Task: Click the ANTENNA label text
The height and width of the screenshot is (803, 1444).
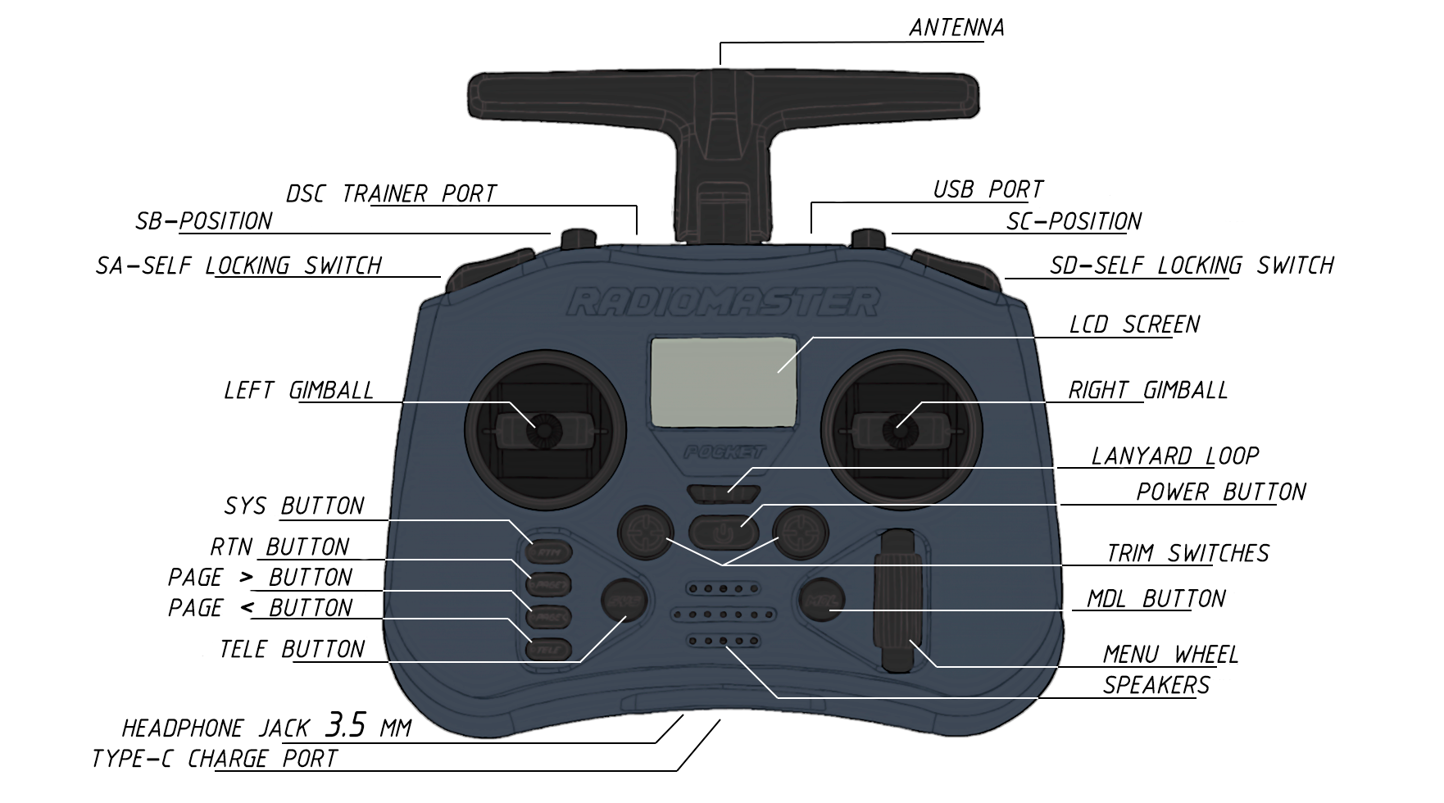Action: tap(956, 28)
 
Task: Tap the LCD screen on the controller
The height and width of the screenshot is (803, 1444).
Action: tap(723, 381)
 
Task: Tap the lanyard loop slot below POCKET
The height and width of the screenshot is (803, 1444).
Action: tap(724, 493)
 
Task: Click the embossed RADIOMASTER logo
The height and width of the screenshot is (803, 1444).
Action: tap(723, 302)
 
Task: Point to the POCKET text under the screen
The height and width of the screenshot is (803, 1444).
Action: tap(724, 451)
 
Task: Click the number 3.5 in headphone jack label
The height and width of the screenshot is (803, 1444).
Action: tap(345, 725)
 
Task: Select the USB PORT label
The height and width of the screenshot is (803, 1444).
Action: tap(988, 190)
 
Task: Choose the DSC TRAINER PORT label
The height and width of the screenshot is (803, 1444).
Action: tap(391, 194)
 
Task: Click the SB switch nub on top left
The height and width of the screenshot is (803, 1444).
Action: tap(579, 238)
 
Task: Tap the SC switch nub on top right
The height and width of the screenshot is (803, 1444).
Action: tap(868, 238)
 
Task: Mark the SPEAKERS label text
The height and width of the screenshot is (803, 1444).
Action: tap(1156, 685)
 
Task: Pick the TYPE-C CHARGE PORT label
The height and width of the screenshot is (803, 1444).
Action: tap(215, 759)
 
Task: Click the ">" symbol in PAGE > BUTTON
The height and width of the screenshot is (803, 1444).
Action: tap(246, 578)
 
